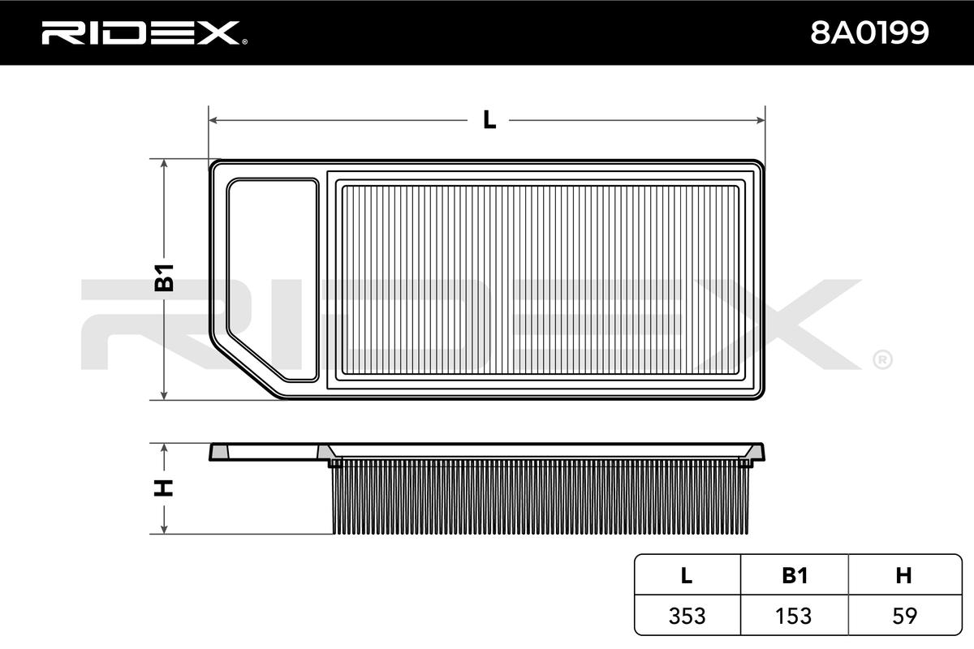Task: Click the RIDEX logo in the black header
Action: click(x=144, y=33)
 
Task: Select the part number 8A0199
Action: click(x=869, y=33)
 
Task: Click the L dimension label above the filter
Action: click(x=489, y=119)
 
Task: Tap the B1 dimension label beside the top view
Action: click(x=164, y=277)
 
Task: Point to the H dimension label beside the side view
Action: click(x=163, y=488)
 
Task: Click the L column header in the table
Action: click(x=686, y=575)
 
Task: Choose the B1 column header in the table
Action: click(x=795, y=575)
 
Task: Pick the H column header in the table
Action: click(x=903, y=575)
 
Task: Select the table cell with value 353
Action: click(x=687, y=616)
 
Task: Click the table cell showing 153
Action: click(x=794, y=616)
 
